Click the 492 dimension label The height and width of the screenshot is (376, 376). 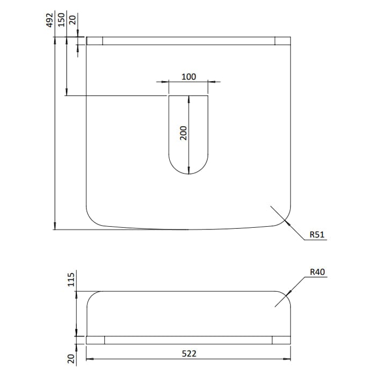click(x=49, y=20)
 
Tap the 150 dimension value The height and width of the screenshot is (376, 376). click(x=61, y=20)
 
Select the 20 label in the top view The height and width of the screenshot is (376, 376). click(x=73, y=20)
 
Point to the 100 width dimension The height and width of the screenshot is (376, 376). click(x=189, y=77)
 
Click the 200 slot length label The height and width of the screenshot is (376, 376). click(x=183, y=133)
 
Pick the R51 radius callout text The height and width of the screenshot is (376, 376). click(x=317, y=234)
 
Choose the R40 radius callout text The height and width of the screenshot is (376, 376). click(x=317, y=272)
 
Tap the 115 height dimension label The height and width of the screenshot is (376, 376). click(x=71, y=279)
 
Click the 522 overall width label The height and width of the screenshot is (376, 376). click(x=189, y=353)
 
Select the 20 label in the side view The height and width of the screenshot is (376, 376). click(x=71, y=359)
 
